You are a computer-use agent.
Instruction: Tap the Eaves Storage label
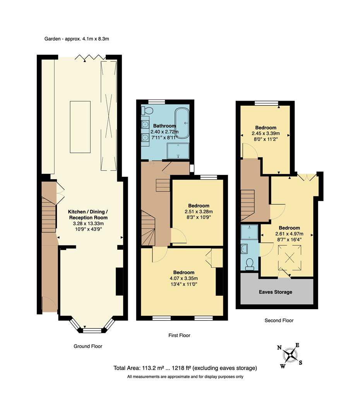pyautogui.click(x=276, y=292)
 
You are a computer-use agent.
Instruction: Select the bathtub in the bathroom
pyautogui.click(x=182, y=123)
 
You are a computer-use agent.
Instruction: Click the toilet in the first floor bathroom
pyautogui.click(x=146, y=111)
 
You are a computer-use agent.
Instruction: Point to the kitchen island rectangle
pyautogui.click(x=80, y=127)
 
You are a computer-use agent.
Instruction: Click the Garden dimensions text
pyautogui.click(x=79, y=39)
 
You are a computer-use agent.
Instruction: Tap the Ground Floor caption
pyautogui.click(x=88, y=346)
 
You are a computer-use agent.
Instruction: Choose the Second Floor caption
pyautogui.click(x=279, y=320)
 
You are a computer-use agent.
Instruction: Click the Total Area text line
pyautogui.click(x=185, y=368)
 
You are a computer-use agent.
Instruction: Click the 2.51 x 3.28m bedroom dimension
pyautogui.click(x=199, y=211)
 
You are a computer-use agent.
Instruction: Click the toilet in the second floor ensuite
pyautogui.click(x=250, y=264)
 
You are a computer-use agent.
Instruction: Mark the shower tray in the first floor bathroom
pyautogui.click(x=178, y=151)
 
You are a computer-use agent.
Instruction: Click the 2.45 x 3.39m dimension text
pyautogui.click(x=266, y=134)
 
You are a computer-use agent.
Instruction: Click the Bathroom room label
pyautogui.click(x=164, y=126)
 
